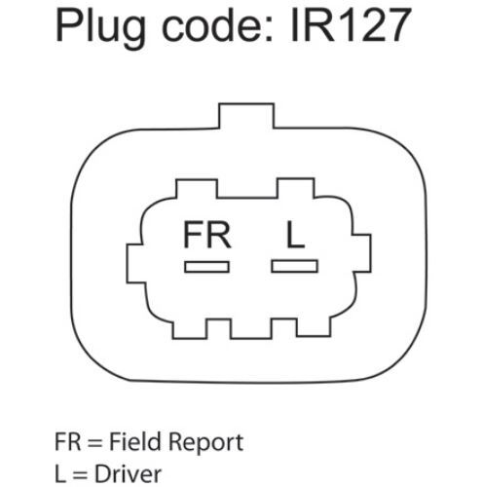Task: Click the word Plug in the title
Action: [100, 28]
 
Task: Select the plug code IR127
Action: [351, 25]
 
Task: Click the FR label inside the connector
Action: [207, 235]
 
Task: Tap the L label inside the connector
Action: [295, 235]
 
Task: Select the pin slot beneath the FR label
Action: [207, 267]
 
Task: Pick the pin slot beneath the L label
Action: [295, 266]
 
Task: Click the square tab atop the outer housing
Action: [246, 116]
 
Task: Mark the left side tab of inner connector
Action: [135, 263]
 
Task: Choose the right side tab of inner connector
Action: [361, 253]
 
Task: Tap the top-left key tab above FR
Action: [197, 189]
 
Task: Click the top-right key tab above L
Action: [295, 188]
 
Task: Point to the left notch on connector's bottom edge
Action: [219, 328]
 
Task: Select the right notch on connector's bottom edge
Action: [284, 328]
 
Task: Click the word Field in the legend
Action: [134, 441]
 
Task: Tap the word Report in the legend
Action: [206, 443]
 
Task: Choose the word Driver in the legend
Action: [128, 474]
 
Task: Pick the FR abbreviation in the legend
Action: [68, 442]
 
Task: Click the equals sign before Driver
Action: [80, 475]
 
